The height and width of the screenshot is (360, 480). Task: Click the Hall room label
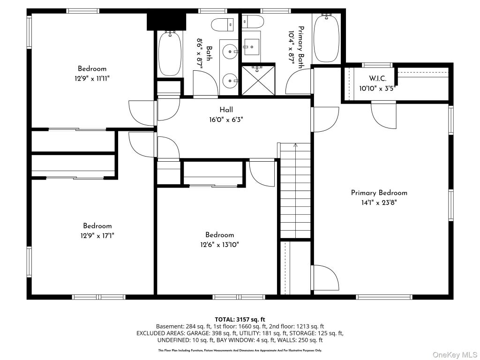click(226, 110)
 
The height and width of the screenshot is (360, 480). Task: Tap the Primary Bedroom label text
click(379, 193)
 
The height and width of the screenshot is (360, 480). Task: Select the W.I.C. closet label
click(377, 79)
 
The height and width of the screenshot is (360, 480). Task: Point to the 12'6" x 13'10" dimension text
click(219, 245)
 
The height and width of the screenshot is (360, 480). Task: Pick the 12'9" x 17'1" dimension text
click(97, 236)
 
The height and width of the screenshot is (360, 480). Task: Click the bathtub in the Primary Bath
click(327, 38)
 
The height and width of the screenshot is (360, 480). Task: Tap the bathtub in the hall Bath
click(170, 54)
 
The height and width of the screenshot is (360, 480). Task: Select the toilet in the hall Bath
click(223, 24)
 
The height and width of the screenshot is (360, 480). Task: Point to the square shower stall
click(258, 80)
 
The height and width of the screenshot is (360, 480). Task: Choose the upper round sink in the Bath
click(230, 52)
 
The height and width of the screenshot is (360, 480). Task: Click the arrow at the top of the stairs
click(295, 146)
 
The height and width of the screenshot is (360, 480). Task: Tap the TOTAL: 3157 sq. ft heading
click(240, 320)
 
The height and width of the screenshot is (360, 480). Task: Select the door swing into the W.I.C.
click(383, 114)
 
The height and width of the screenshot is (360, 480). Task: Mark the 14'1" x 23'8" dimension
click(379, 202)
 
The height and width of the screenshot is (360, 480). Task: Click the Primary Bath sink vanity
click(251, 46)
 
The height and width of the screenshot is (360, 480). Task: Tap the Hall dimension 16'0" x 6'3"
click(226, 120)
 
